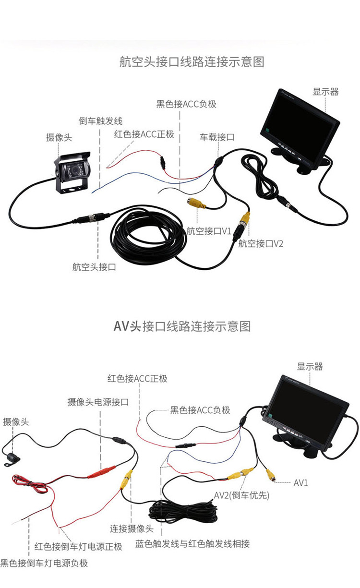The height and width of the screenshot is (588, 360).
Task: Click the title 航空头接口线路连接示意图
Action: point(192,62)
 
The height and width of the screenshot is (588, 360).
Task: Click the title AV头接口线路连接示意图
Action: point(182,326)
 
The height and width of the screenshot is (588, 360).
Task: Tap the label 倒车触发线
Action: point(100,121)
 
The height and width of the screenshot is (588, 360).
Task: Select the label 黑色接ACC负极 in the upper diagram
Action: point(186,104)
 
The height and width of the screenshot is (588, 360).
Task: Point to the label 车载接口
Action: point(217,137)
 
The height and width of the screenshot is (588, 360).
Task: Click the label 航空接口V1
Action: point(209,231)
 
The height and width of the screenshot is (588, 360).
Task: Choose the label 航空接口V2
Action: point(261,244)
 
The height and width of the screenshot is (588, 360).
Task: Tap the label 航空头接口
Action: point(94,267)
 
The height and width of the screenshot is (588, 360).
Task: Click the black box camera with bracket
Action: point(72,172)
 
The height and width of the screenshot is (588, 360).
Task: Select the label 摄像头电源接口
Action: point(98,402)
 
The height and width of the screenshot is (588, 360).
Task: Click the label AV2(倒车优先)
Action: point(241,495)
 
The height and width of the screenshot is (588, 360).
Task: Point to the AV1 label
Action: point(300,482)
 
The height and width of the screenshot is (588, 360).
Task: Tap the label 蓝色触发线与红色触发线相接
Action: point(192,544)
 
